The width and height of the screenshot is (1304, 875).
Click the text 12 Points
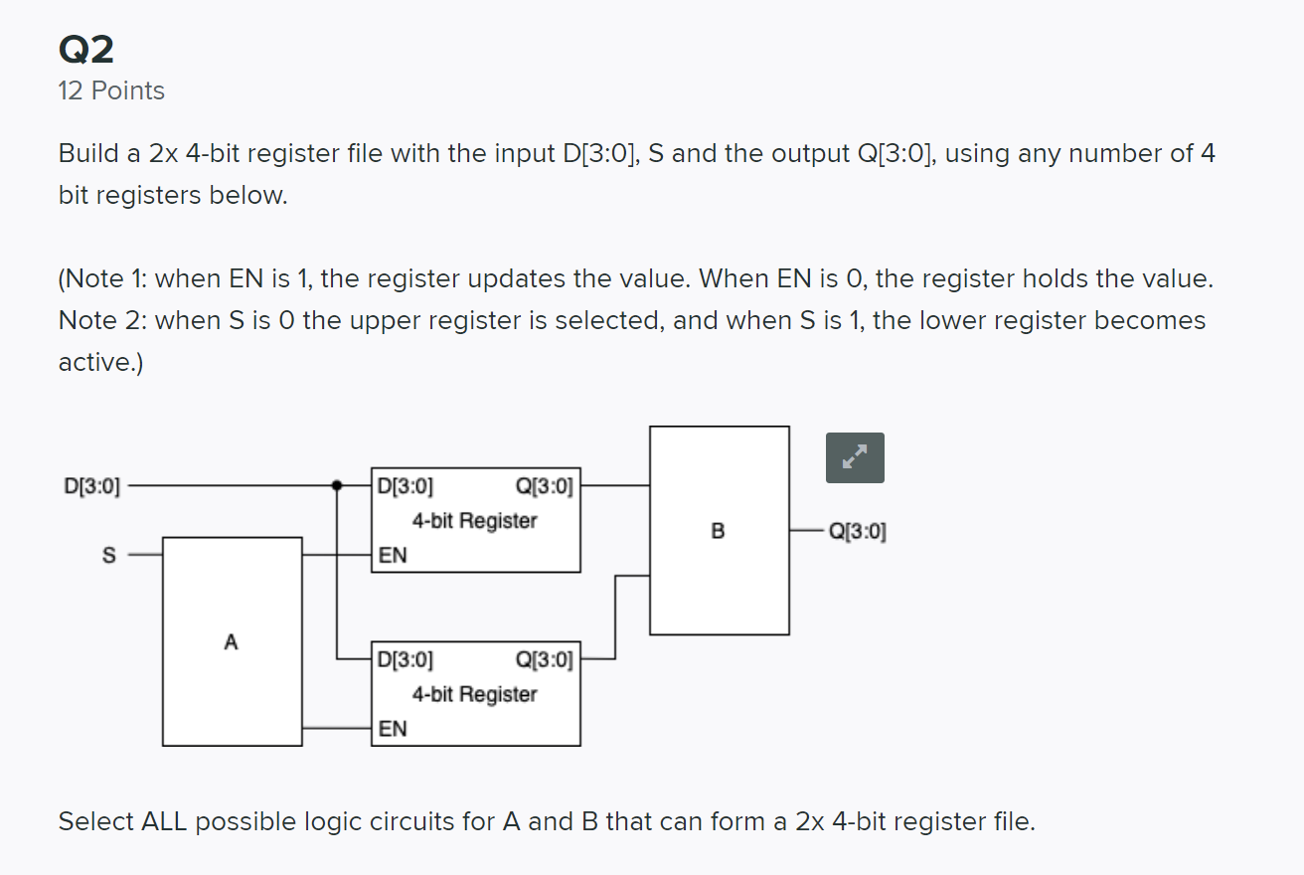(x=111, y=90)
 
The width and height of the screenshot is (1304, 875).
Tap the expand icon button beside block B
(x=854, y=458)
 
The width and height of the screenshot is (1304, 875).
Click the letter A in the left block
(x=231, y=642)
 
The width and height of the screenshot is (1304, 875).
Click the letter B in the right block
(x=719, y=531)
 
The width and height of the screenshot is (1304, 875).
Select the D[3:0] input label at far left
(x=92, y=487)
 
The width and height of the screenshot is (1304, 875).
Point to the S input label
(x=109, y=554)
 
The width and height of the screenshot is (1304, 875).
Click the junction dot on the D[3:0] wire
(x=337, y=486)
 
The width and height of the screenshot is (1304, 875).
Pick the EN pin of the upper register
(x=393, y=555)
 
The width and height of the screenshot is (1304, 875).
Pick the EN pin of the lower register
(x=393, y=728)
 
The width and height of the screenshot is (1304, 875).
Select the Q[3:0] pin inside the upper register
(x=545, y=487)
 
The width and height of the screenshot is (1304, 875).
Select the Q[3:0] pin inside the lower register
(x=545, y=659)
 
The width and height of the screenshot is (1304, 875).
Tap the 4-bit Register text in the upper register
(x=474, y=520)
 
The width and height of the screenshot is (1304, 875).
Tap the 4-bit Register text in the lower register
(x=474, y=694)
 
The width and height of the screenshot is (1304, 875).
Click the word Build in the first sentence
(x=86, y=154)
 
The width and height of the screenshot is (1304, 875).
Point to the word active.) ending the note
(x=100, y=363)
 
